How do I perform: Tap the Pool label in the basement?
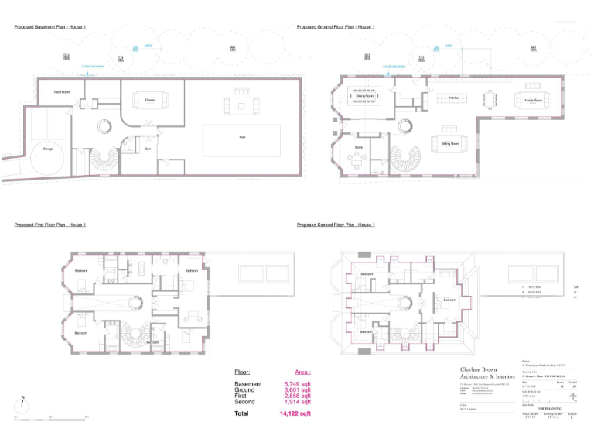point(242,136)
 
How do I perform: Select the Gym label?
point(147,149)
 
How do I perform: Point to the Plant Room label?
point(61,92)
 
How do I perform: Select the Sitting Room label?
point(450,143)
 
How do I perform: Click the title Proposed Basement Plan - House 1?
point(49,27)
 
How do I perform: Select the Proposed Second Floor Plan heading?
point(336,225)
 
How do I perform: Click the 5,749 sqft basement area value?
point(297,384)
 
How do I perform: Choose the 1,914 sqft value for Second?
point(297,402)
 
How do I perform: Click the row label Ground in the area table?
point(245,390)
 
